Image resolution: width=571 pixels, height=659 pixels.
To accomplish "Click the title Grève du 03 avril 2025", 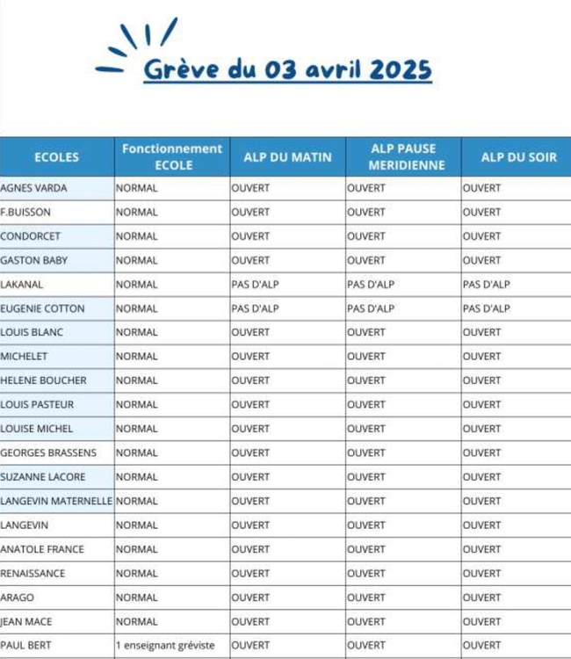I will (287, 69).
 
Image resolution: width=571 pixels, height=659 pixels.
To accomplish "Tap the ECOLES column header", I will (56, 157).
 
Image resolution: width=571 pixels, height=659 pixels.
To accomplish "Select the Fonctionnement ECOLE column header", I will (172, 156).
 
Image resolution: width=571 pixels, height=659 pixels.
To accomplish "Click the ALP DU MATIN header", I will (287, 157).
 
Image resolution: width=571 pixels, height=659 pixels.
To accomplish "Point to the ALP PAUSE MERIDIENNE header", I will (403, 156).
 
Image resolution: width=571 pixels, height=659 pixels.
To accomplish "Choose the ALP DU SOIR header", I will (518, 157).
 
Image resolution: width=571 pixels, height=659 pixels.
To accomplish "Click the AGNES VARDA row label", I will (34, 188).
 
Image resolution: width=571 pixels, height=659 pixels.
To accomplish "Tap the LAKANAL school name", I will (22, 285).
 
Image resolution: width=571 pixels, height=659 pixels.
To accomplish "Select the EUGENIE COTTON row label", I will (43, 308).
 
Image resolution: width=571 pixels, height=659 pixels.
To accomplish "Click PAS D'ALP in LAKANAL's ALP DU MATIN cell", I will (255, 285).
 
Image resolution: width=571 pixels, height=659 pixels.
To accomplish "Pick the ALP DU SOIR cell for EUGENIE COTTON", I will (486, 308).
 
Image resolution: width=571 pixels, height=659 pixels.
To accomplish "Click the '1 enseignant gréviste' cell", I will (165, 645).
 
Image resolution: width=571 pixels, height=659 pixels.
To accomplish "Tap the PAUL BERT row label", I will (26, 645).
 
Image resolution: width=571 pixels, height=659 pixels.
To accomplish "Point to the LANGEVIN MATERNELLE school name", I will (56, 501).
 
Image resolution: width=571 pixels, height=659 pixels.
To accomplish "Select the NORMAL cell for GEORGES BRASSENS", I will (137, 453).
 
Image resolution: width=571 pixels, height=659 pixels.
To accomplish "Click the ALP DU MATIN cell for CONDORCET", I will (251, 236).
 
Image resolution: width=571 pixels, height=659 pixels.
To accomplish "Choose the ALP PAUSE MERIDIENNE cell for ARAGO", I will (366, 597).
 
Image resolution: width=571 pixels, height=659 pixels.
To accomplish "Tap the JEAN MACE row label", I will (26, 621).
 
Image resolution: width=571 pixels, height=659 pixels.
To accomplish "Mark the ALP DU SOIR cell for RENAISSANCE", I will (481, 573).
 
